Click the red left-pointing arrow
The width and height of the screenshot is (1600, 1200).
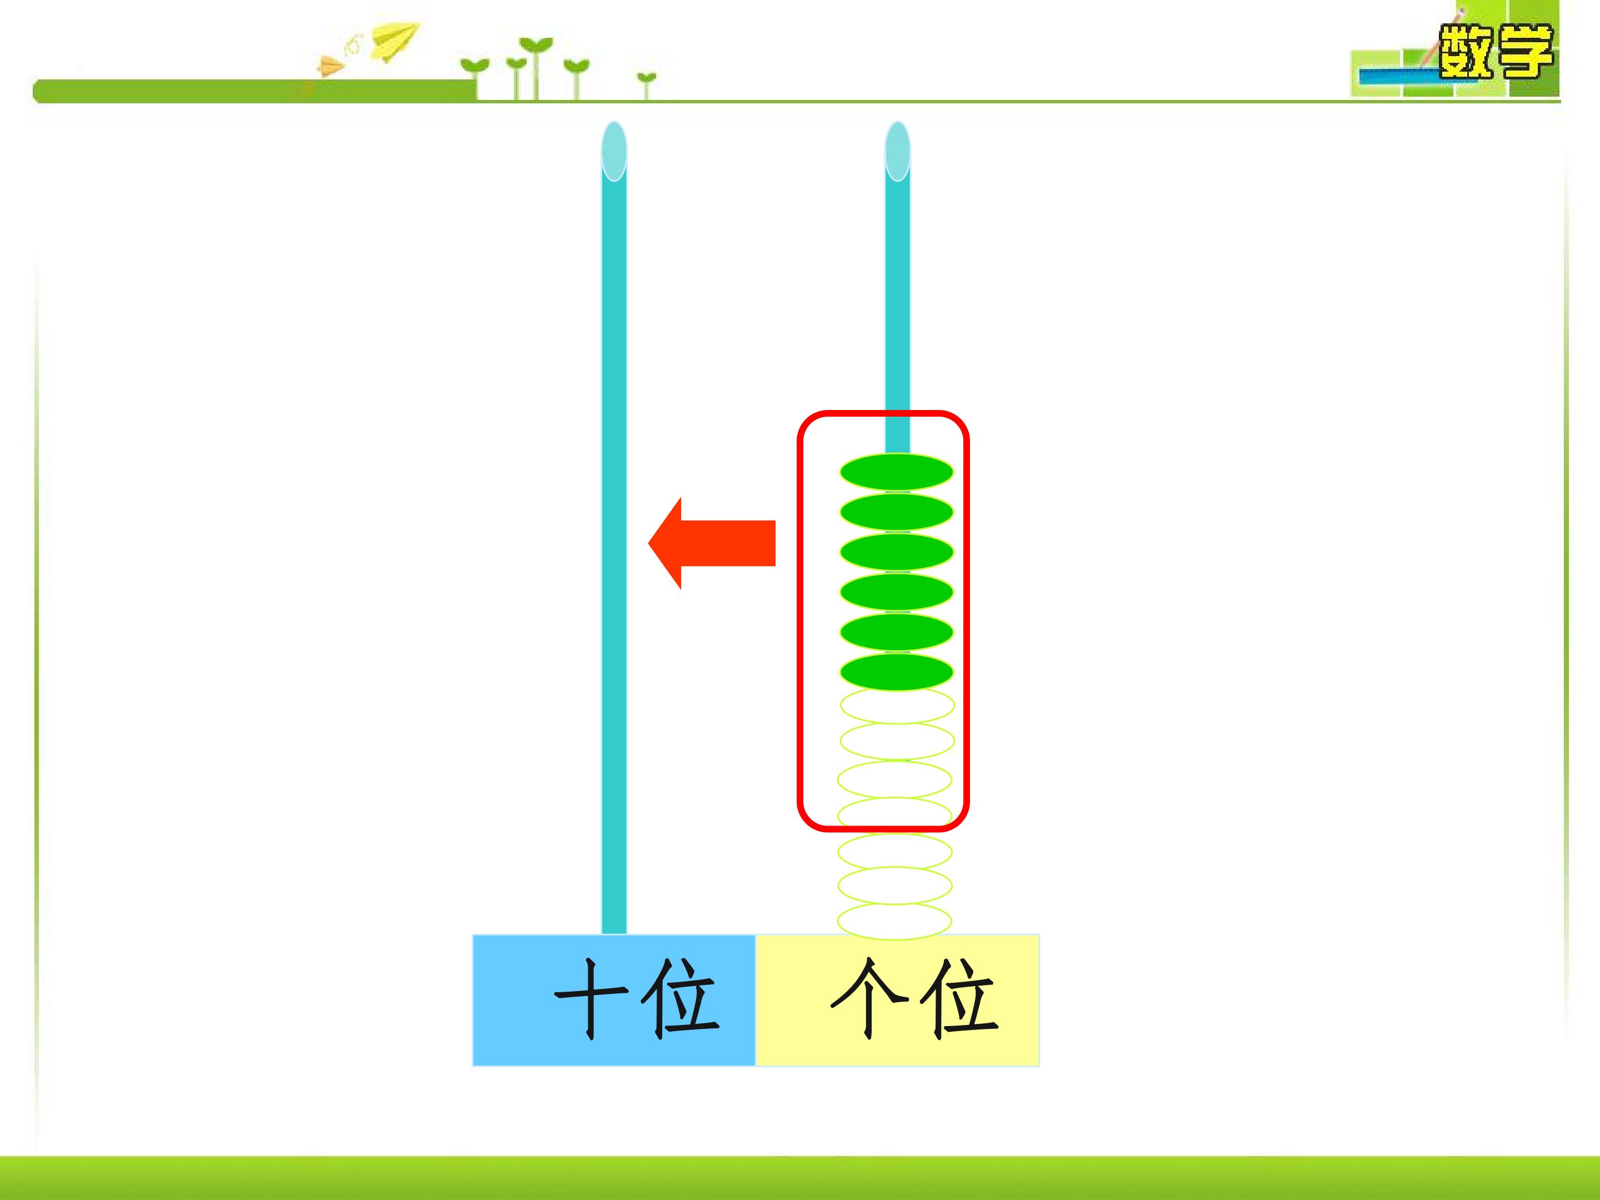[712, 543]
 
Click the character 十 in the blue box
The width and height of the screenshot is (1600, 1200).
[592, 999]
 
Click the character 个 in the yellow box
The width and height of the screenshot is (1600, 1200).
[869, 999]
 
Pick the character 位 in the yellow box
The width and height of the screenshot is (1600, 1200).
[959, 999]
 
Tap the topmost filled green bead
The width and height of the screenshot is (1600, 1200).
[896, 472]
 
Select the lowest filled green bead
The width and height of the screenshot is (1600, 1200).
[896, 673]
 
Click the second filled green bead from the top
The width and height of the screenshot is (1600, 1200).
[896, 512]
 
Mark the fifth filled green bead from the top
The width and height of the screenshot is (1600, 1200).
[896, 632]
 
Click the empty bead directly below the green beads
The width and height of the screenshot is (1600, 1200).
[897, 705]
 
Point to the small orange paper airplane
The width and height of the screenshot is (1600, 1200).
[330, 67]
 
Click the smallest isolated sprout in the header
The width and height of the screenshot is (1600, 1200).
[647, 84]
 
